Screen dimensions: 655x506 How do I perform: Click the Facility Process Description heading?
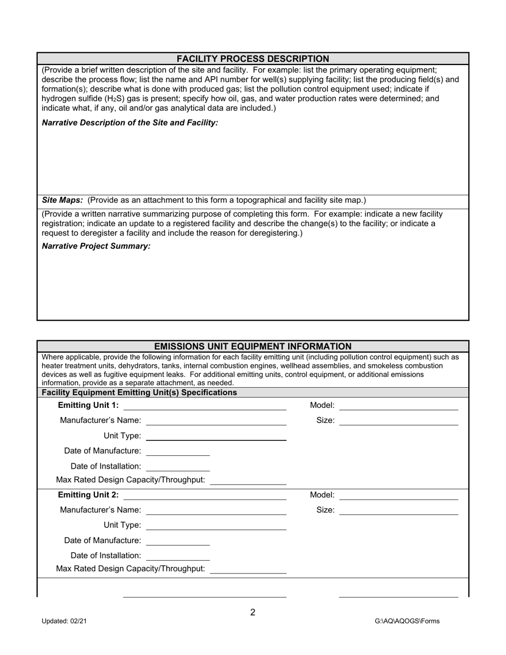(x=252, y=59)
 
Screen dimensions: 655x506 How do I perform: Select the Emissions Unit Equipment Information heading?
(x=252, y=347)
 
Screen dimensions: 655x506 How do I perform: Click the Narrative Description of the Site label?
(x=130, y=123)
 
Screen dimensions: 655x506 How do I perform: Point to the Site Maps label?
(x=62, y=200)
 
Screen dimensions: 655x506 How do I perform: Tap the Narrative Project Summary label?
(x=96, y=246)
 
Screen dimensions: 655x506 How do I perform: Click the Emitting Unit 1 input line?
(x=205, y=406)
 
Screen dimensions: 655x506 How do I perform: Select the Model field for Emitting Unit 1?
(x=398, y=406)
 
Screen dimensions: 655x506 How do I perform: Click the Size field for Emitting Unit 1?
(x=398, y=421)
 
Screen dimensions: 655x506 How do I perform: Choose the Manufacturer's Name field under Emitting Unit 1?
(x=216, y=421)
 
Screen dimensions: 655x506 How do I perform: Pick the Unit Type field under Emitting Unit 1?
(x=216, y=436)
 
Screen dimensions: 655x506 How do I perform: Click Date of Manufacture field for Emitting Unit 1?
(x=178, y=451)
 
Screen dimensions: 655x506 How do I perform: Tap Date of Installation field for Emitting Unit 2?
(x=178, y=556)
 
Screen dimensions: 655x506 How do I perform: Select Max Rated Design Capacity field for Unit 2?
(x=248, y=569)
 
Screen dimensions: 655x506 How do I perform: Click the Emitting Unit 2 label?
(x=88, y=495)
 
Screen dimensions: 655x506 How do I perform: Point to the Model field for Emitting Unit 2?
(x=398, y=495)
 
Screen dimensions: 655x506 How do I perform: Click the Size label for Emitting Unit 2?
(x=325, y=510)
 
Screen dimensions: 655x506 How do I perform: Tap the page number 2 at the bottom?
(x=252, y=612)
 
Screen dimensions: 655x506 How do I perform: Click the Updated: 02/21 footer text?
(x=64, y=621)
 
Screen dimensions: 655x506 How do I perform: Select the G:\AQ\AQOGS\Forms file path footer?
(x=407, y=621)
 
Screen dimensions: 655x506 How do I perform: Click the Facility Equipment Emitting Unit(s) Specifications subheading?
(x=139, y=392)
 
